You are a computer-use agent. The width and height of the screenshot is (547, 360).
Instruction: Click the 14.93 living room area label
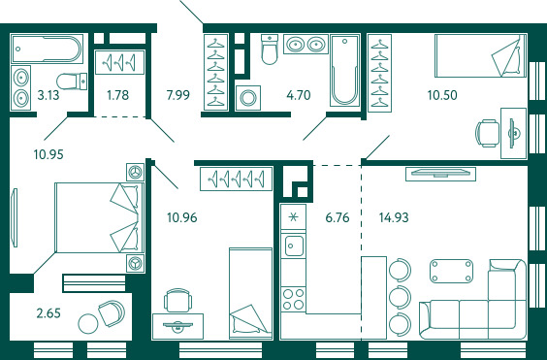point(394,217)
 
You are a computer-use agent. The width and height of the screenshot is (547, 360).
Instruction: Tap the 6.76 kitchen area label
point(337,217)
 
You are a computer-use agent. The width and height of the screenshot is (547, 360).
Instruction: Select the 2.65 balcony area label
point(48,313)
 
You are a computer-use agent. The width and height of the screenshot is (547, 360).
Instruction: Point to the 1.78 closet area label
point(118,95)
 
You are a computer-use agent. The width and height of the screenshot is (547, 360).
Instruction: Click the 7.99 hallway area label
point(178,95)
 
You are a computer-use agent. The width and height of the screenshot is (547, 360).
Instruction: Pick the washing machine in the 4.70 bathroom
point(248,98)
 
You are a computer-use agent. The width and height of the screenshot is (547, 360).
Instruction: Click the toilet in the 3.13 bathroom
point(72,81)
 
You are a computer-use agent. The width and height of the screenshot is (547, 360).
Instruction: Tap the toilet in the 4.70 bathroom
point(270,49)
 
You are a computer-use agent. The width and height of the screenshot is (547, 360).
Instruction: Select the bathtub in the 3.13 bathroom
point(47,49)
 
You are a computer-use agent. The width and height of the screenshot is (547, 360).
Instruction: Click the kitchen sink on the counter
point(294,245)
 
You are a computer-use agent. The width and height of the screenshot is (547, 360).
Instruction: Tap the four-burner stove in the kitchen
point(293,299)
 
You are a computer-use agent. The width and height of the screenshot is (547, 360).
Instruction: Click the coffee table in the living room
point(452,271)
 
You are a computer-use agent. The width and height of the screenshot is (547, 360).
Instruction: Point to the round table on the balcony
point(88,324)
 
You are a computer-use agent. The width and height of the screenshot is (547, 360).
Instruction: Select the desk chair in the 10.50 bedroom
point(487,133)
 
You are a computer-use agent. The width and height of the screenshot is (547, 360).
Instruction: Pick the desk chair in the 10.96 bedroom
point(177,300)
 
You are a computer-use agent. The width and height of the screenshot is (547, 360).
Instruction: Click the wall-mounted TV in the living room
point(440,174)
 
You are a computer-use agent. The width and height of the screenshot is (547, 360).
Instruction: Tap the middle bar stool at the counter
point(400,297)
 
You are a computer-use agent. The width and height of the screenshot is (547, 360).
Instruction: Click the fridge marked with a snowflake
point(294,217)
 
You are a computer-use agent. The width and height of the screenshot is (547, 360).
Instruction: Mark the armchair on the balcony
point(112,312)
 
